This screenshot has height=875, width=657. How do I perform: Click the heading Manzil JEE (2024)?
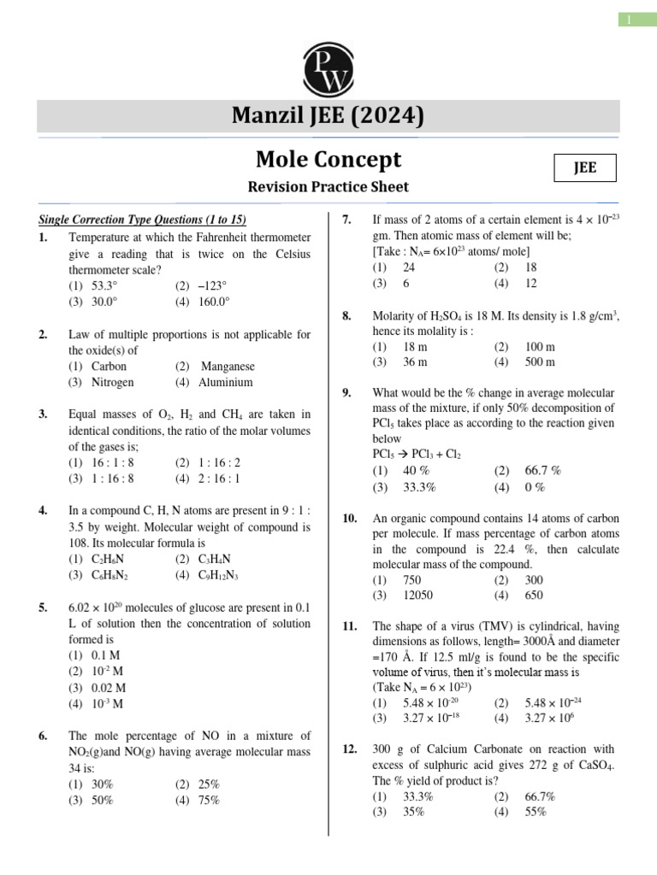(x=329, y=116)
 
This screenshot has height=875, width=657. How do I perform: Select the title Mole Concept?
(x=329, y=160)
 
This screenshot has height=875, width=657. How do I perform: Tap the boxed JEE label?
(x=584, y=168)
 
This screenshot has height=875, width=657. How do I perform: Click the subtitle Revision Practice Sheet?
(x=329, y=186)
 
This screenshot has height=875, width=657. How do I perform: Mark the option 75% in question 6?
(x=208, y=801)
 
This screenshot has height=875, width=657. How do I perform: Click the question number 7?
(x=347, y=220)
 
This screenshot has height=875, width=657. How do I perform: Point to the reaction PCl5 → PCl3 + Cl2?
(x=417, y=455)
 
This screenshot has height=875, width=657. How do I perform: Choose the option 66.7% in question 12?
(x=540, y=796)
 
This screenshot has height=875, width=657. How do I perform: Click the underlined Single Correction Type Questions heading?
(x=143, y=220)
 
